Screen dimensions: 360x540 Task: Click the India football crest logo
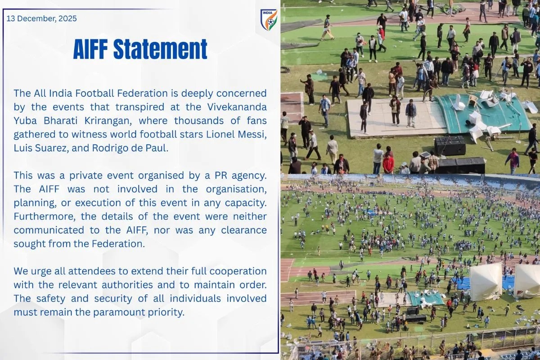(269, 20)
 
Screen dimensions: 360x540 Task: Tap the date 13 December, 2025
(41, 18)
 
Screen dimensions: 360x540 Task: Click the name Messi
(253, 135)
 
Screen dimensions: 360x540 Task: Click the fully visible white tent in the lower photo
(486, 281)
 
